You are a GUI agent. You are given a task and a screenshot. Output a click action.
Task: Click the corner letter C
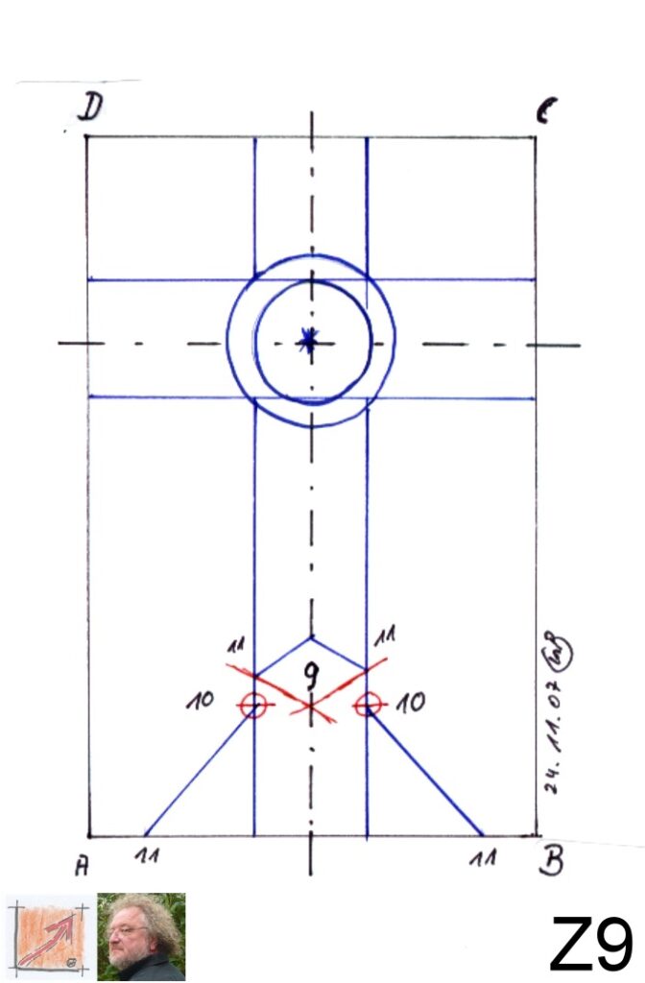(543, 113)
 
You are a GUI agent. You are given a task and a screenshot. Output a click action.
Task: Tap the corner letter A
(83, 866)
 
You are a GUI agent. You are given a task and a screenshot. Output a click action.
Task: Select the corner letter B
(551, 862)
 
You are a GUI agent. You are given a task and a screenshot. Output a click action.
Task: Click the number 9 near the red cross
(311, 680)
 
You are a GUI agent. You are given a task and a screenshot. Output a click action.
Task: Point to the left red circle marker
(252, 706)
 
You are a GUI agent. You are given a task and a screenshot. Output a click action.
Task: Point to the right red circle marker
(366, 706)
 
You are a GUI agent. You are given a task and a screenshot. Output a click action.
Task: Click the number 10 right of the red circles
(411, 704)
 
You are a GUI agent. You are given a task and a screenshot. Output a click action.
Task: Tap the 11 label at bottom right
(483, 857)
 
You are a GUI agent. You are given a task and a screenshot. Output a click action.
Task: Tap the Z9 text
(590, 945)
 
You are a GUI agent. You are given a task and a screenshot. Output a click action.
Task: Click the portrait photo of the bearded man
(141, 937)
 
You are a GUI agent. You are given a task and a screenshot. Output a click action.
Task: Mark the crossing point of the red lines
(310, 707)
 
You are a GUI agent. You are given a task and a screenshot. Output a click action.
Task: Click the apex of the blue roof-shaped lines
(310, 636)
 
